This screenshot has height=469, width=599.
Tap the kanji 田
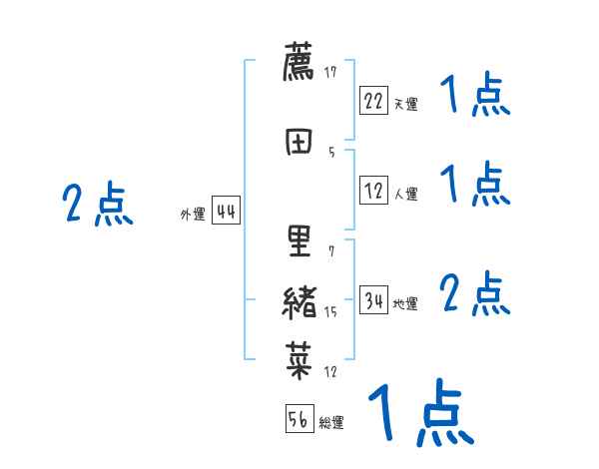tap(299, 141)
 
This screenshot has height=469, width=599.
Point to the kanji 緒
tap(299, 301)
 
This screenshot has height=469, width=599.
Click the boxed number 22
tap(373, 101)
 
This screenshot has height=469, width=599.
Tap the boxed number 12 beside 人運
tap(373, 193)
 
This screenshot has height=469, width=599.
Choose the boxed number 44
tap(226, 212)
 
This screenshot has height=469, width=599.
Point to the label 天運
tap(405, 104)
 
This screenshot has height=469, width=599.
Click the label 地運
tap(405, 304)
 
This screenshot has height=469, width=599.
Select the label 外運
tap(193, 215)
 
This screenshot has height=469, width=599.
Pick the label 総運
tap(331, 423)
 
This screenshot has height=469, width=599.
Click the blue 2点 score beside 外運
tap(97, 205)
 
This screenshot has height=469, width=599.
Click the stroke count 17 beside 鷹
tap(330, 72)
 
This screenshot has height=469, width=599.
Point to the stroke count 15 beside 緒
tap(330, 312)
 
